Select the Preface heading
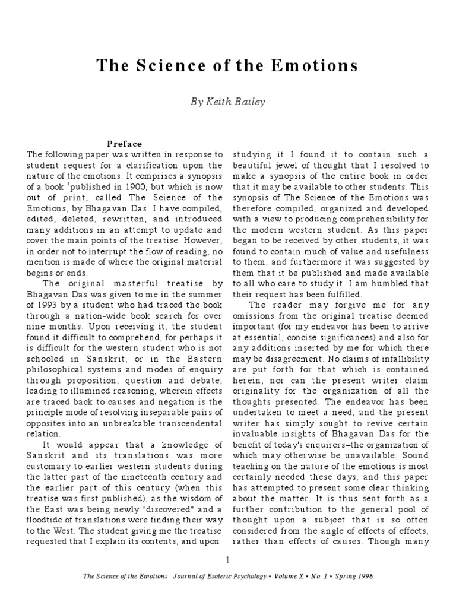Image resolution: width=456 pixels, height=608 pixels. click(x=124, y=144)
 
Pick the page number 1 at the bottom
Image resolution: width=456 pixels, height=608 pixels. click(x=227, y=560)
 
